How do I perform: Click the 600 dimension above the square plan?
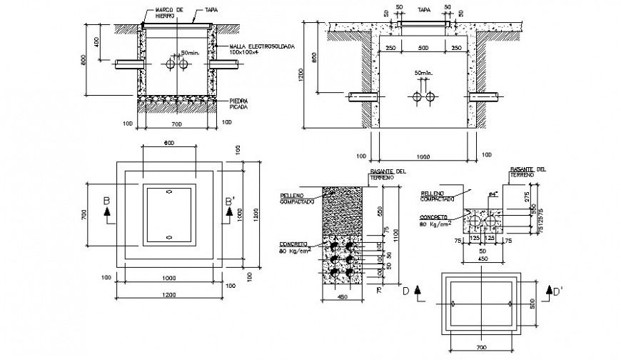point(168,143)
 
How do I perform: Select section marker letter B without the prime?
point(106,204)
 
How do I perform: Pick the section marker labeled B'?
point(230,204)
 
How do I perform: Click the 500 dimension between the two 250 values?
point(424,48)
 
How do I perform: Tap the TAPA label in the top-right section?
point(424,11)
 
